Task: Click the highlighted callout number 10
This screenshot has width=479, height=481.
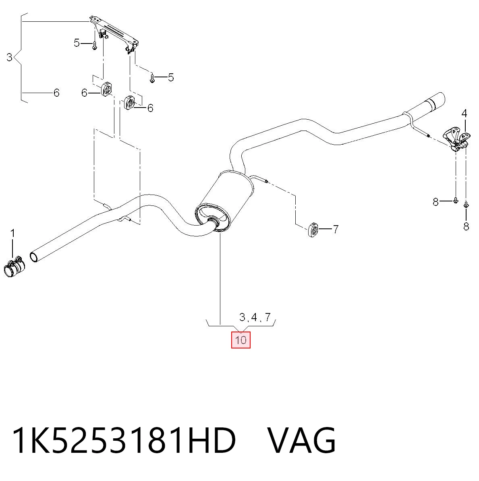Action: click(241, 340)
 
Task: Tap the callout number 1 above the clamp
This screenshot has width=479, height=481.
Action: click(12, 234)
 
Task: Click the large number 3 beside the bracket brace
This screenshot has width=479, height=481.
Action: click(10, 57)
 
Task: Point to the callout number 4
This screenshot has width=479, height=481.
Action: click(464, 114)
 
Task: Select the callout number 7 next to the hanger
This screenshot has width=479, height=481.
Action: click(336, 229)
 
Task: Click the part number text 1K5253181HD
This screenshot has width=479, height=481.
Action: click(124, 440)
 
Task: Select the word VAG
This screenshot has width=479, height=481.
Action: click(302, 440)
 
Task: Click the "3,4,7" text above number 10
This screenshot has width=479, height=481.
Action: click(255, 317)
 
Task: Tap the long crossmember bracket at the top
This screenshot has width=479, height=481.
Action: click(114, 34)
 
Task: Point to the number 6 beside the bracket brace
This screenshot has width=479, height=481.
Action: click(56, 93)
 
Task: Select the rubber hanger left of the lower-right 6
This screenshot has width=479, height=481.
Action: click(129, 102)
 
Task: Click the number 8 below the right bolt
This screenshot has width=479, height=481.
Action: click(466, 226)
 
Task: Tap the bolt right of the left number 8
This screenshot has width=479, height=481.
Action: click(455, 200)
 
